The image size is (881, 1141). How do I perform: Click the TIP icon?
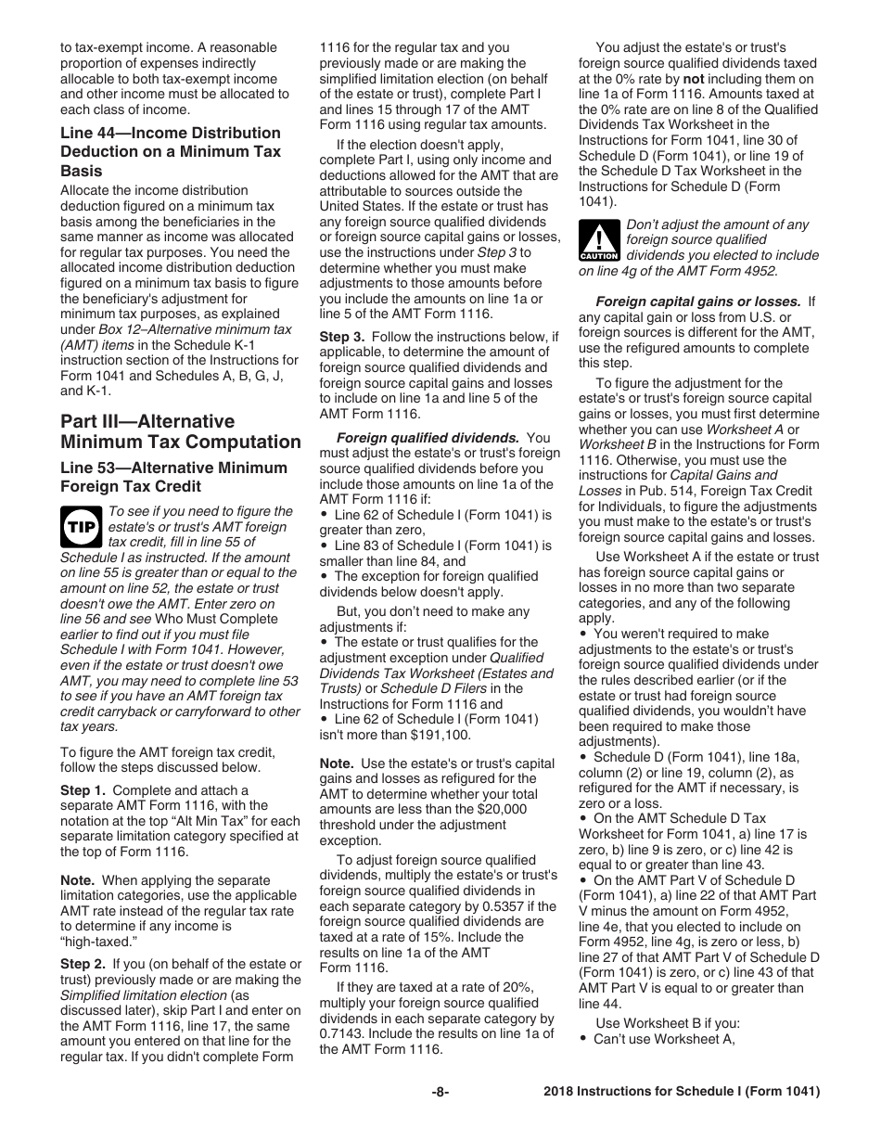(x=81, y=527)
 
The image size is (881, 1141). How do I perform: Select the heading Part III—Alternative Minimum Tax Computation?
(x=180, y=431)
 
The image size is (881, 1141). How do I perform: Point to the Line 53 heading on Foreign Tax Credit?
(x=173, y=477)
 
